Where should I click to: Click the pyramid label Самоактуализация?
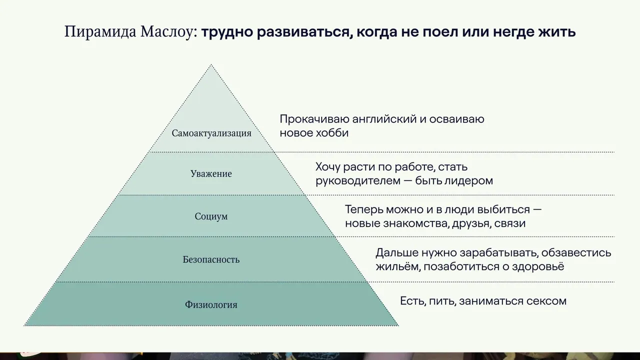click(x=211, y=133)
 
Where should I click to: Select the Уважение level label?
click(x=211, y=173)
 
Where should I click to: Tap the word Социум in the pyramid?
click(x=211, y=216)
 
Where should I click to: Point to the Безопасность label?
click(x=211, y=259)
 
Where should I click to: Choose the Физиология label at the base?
click(x=211, y=304)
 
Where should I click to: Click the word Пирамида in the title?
click(x=100, y=31)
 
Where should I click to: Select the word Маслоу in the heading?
click(x=168, y=31)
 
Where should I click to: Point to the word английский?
click(x=384, y=119)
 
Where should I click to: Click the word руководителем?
click(x=362, y=181)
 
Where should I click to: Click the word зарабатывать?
click(x=498, y=253)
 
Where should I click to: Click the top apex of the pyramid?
click(x=211, y=64)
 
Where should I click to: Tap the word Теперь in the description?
click(x=363, y=209)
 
